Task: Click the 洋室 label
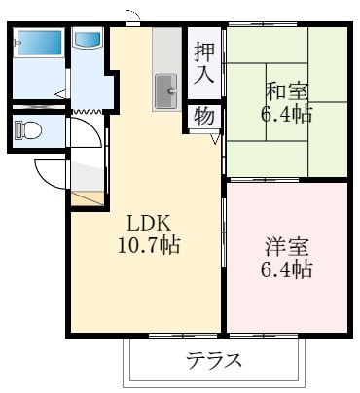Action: point(288,246)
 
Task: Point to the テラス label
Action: point(213,362)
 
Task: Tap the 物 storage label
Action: point(203,117)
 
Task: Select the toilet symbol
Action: point(28,129)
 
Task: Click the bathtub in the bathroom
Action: point(40,44)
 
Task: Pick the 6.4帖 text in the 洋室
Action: point(288,269)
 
